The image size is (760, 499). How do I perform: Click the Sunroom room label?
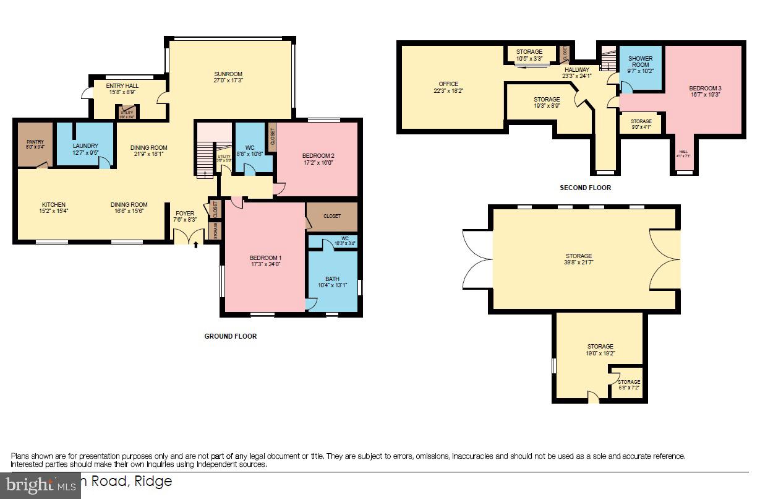coord(228,74)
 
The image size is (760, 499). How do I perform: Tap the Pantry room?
coord(35,144)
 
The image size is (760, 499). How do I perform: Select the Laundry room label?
coord(85,146)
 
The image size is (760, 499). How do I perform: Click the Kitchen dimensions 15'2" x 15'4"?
coord(53,211)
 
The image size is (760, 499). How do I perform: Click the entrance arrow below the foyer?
coord(196,245)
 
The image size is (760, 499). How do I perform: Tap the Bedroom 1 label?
coord(265,258)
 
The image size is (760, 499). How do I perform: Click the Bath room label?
coord(332,279)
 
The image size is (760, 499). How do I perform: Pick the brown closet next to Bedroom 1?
coord(332,217)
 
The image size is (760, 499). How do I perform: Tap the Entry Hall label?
coord(122,85)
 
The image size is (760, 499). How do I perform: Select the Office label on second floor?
coord(448,84)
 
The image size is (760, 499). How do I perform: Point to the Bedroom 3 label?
coord(705,89)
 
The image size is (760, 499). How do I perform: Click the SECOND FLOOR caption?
coord(585,188)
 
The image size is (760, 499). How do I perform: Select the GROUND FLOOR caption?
coord(230,336)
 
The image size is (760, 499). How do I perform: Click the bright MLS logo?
coord(40,485)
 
